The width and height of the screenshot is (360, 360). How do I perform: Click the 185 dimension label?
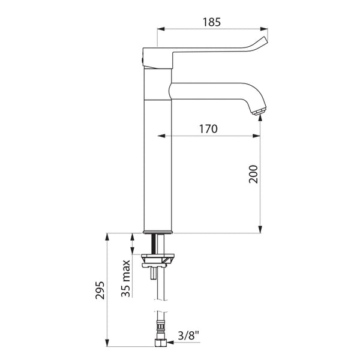point(211,22)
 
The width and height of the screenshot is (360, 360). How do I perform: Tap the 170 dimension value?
point(208,129)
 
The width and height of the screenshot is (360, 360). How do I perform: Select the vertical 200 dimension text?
point(253,174)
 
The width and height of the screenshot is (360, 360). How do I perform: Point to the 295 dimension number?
point(100,290)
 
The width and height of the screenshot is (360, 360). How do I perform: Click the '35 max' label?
point(125,278)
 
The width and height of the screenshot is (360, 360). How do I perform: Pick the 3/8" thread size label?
point(188,336)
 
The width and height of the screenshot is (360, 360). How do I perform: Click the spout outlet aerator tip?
point(259,112)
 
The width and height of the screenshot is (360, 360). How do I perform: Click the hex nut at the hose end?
point(160,343)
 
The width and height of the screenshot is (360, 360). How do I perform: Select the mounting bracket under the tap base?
point(158,261)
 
